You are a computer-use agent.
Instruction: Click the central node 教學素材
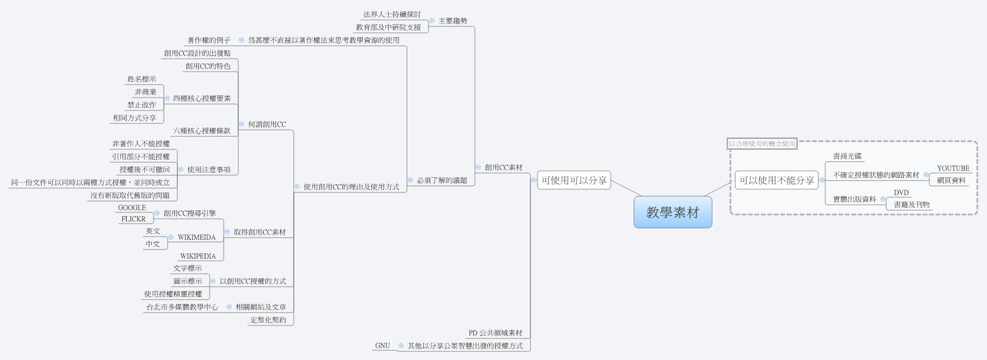click(x=672, y=212)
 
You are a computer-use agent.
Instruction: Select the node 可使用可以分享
click(x=574, y=181)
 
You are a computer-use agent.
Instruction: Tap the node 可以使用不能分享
click(x=776, y=181)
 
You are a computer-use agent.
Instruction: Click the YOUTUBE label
click(x=953, y=168)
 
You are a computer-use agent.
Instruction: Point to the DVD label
click(x=901, y=192)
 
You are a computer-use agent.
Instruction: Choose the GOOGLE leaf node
click(x=132, y=207)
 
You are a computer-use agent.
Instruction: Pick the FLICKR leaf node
click(x=134, y=219)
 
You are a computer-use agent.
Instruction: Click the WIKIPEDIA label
click(x=198, y=256)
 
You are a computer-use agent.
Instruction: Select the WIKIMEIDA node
click(x=196, y=237)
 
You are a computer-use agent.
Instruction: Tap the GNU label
click(x=382, y=345)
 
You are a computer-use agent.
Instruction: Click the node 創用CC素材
click(x=503, y=167)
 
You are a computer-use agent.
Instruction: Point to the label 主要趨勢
click(x=452, y=20)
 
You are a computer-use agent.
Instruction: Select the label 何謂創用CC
click(x=267, y=124)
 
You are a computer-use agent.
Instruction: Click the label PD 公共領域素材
click(x=495, y=333)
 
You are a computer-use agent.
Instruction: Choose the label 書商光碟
click(x=847, y=156)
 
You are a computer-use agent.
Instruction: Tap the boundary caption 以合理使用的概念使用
click(x=762, y=144)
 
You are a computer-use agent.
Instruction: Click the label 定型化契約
click(x=268, y=320)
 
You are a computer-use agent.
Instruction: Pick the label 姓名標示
click(x=142, y=79)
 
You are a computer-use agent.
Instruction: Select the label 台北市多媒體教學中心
click(x=182, y=307)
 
